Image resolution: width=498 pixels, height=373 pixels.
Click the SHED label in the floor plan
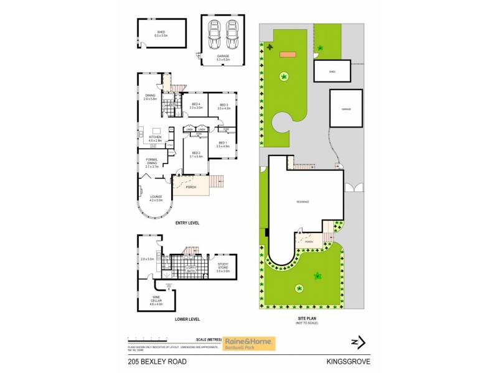click(x=161, y=32)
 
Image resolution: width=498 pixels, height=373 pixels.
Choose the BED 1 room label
click(x=223, y=144)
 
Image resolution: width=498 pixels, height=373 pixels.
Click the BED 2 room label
click(x=195, y=154)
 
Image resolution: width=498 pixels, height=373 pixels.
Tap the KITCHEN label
click(x=154, y=139)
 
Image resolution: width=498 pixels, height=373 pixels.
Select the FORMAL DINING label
click(x=153, y=165)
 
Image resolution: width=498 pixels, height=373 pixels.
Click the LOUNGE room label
click(x=156, y=198)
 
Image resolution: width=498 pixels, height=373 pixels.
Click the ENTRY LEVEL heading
click(x=187, y=223)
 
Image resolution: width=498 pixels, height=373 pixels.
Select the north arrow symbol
click(x=357, y=341)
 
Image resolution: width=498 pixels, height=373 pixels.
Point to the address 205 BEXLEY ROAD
click(x=157, y=361)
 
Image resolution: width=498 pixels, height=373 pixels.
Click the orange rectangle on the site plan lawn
click(x=288, y=55)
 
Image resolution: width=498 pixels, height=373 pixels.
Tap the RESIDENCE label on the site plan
click(x=303, y=201)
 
